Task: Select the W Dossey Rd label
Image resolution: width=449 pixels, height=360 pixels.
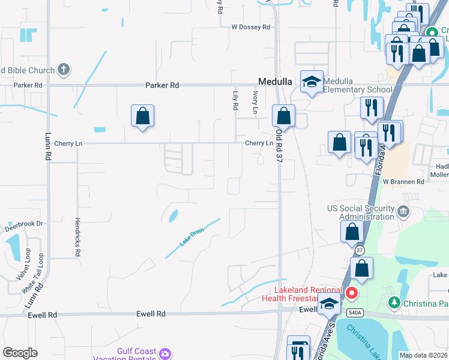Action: point(252,27)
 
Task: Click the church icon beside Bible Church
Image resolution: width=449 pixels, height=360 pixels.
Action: point(64,70)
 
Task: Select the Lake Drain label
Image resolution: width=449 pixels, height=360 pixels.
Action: point(193,238)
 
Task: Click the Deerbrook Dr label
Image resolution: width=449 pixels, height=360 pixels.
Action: point(25,224)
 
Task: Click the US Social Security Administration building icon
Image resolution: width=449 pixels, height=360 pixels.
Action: point(403,211)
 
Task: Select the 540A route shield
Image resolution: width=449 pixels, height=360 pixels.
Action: point(355,312)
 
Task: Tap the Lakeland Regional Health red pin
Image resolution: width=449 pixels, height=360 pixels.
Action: point(352,293)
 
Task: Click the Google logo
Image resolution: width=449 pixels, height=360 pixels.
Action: point(20,353)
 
